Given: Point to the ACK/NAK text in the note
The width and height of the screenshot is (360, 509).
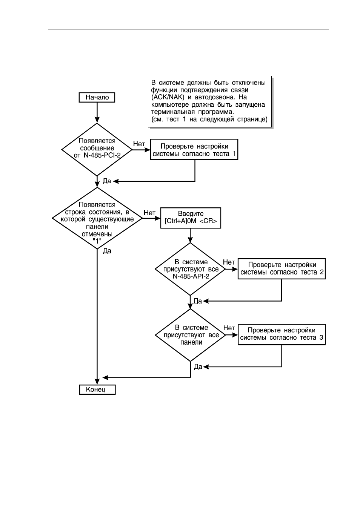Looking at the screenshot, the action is point(168,97).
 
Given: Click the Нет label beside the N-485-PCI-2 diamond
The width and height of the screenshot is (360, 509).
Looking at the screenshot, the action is point(139,144).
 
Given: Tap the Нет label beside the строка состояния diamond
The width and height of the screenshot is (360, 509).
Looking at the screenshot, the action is point(149,213).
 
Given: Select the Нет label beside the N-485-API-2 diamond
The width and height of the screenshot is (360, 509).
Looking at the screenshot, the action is point(229,262).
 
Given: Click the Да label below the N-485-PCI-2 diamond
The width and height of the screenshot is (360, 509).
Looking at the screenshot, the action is point(107,181).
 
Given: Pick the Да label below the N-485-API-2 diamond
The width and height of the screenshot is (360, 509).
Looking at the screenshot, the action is point(198,301).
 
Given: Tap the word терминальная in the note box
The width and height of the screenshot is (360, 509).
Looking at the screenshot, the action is point(173,112).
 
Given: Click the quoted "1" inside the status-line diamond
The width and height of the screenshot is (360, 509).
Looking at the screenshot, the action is point(97,241).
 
